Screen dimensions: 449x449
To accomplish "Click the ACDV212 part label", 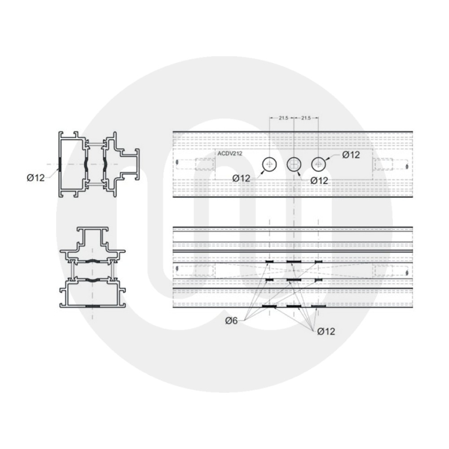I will point(230,153).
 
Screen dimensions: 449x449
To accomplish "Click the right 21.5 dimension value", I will point(305,118).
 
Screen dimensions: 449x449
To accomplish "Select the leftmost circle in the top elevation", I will point(269,165).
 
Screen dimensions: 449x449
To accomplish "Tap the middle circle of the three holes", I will point(294,165).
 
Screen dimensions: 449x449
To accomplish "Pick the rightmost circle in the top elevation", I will point(318,165).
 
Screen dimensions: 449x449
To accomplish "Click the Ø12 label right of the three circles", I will point(351,155).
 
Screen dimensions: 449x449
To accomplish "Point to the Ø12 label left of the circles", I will point(241,179).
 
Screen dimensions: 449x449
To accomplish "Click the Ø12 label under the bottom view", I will point(326,331).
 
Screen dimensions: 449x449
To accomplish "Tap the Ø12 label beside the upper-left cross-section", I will point(35,177).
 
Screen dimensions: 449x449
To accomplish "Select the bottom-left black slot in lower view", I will point(269,306).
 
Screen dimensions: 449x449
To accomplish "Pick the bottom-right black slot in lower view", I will point(318,306).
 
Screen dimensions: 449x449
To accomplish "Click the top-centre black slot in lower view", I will point(294,261).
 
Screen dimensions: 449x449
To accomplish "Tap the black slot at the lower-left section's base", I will point(92,306).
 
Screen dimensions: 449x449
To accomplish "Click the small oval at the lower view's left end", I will point(178,269).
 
